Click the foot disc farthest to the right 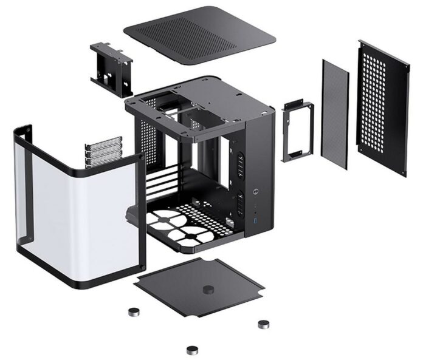(x=264, y=324)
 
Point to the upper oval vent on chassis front (x=241, y=163)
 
